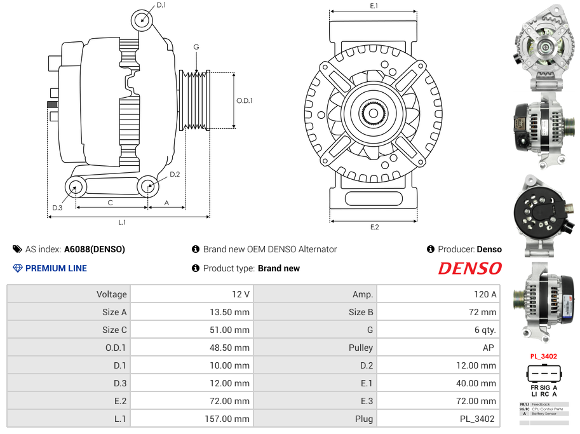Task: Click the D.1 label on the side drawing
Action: (x=161, y=5)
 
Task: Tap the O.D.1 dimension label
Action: (x=245, y=100)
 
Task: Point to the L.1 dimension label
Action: (x=121, y=222)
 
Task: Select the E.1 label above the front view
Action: (x=374, y=6)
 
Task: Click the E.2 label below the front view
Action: (x=374, y=227)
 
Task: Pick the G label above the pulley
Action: (x=196, y=47)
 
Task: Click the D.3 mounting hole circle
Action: (x=76, y=187)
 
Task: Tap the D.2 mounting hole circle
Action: (x=148, y=186)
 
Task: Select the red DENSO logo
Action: (x=469, y=268)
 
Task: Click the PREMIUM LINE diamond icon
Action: (x=18, y=268)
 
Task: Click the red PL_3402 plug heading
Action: (x=543, y=356)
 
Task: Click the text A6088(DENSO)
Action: (x=95, y=249)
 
